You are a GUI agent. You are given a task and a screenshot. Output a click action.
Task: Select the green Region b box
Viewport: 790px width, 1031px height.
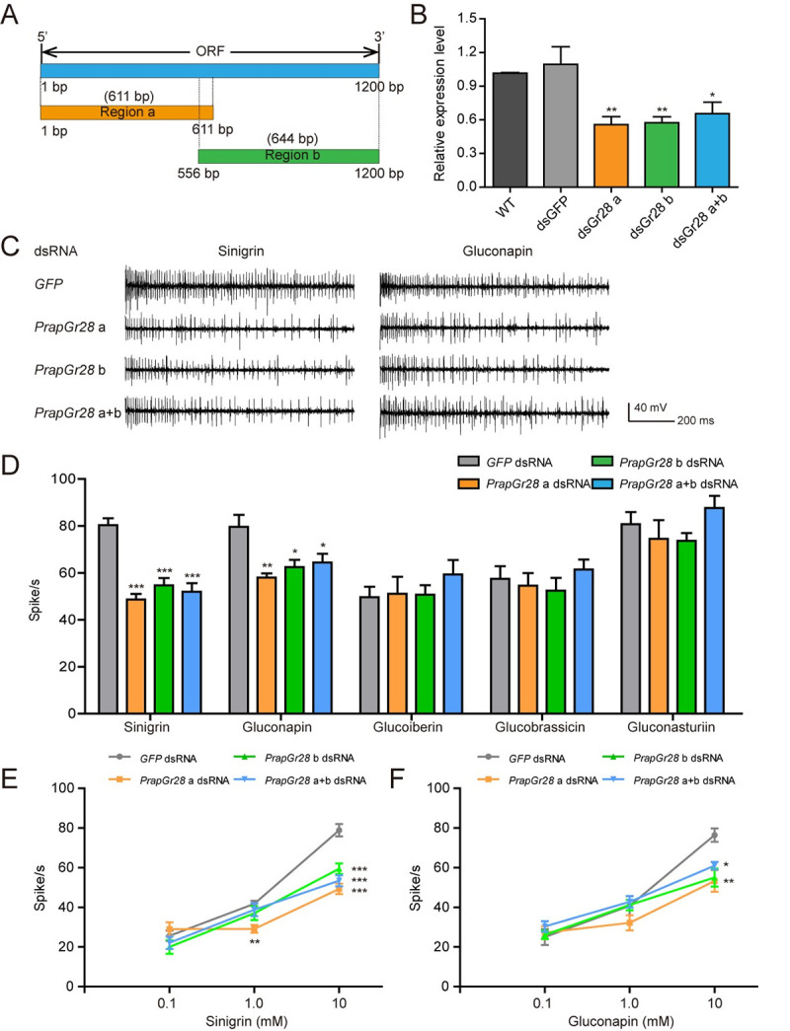[288, 156]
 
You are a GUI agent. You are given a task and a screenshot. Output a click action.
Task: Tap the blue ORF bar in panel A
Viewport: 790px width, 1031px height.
[209, 71]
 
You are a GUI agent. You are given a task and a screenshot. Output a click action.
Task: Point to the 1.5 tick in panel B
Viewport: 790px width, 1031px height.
[466, 18]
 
